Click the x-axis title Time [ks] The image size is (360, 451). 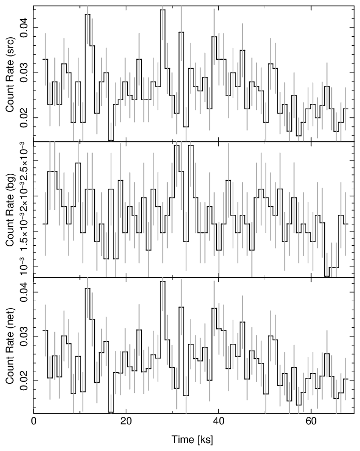(192, 440)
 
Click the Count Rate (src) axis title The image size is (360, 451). (10, 74)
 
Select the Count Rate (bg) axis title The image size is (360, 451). (10, 210)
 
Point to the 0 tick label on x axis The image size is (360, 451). (34, 421)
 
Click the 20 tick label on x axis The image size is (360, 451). (126, 421)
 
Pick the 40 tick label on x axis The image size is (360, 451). (218, 421)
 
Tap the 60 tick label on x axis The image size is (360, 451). (310, 421)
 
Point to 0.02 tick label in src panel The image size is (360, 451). (23, 117)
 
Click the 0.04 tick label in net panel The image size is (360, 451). (23, 292)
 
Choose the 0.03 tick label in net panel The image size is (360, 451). (23, 336)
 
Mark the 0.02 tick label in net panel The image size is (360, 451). (23, 381)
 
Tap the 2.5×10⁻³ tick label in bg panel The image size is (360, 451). (23, 160)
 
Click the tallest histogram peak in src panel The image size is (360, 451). (162, 10)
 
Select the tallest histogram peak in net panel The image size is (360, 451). (162, 281)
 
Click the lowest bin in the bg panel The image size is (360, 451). (327, 276)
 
